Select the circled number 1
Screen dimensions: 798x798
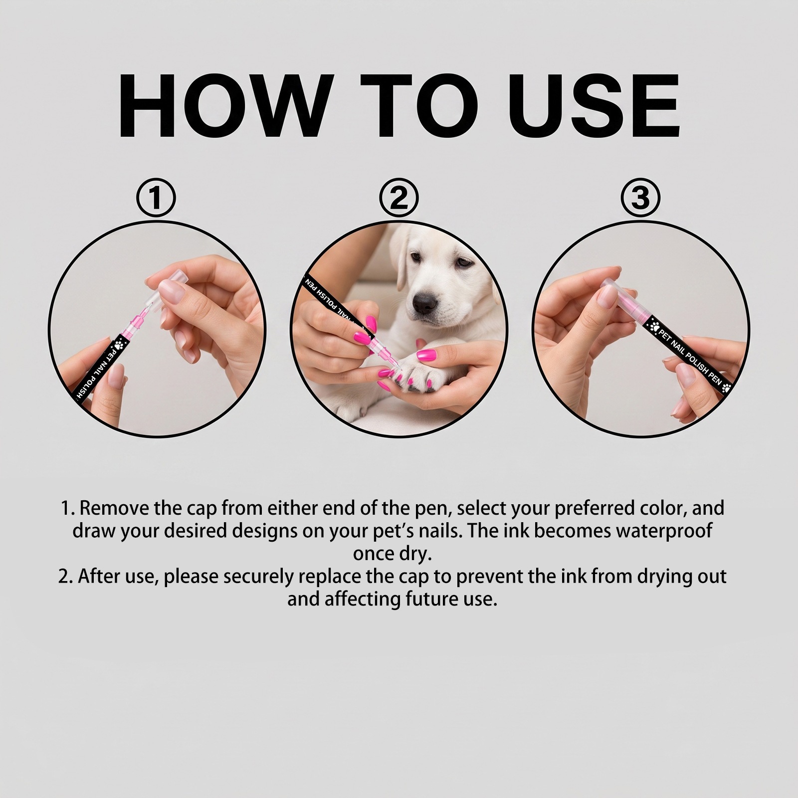[156, 198]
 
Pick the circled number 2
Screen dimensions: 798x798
[399, 198]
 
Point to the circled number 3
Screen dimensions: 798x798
[640, 198]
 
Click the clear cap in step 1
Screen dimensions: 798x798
[168, 288]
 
